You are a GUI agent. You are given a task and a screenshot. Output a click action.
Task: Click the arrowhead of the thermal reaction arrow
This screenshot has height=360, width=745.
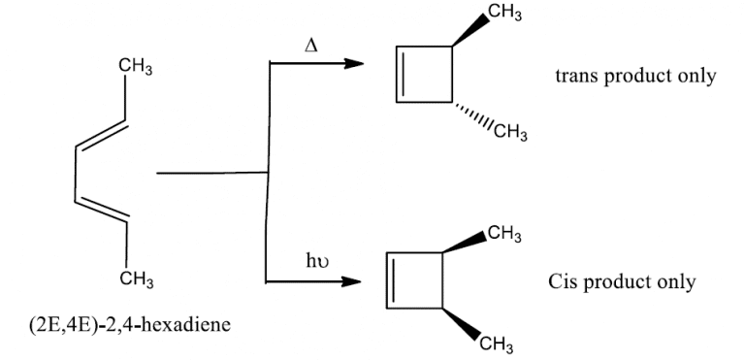(x=356, y=64)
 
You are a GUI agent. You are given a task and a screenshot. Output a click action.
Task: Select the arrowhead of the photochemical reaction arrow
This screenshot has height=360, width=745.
(x=350, y=283)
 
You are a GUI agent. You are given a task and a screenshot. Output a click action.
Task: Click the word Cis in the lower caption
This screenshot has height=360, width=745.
(x=565, y=282)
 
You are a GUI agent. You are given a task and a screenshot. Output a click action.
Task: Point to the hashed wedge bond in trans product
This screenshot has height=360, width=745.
(x=470, y=115)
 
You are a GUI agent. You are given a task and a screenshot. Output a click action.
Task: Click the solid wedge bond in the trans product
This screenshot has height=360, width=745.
(x=472, y=32)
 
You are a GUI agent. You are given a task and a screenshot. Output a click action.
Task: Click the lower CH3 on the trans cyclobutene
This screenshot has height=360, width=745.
(x=508, y=132)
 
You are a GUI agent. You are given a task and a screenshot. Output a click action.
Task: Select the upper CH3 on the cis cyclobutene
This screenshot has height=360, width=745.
(x=507, y=234)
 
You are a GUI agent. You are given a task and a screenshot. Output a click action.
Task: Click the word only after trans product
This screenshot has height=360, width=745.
(x=696, y=77)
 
